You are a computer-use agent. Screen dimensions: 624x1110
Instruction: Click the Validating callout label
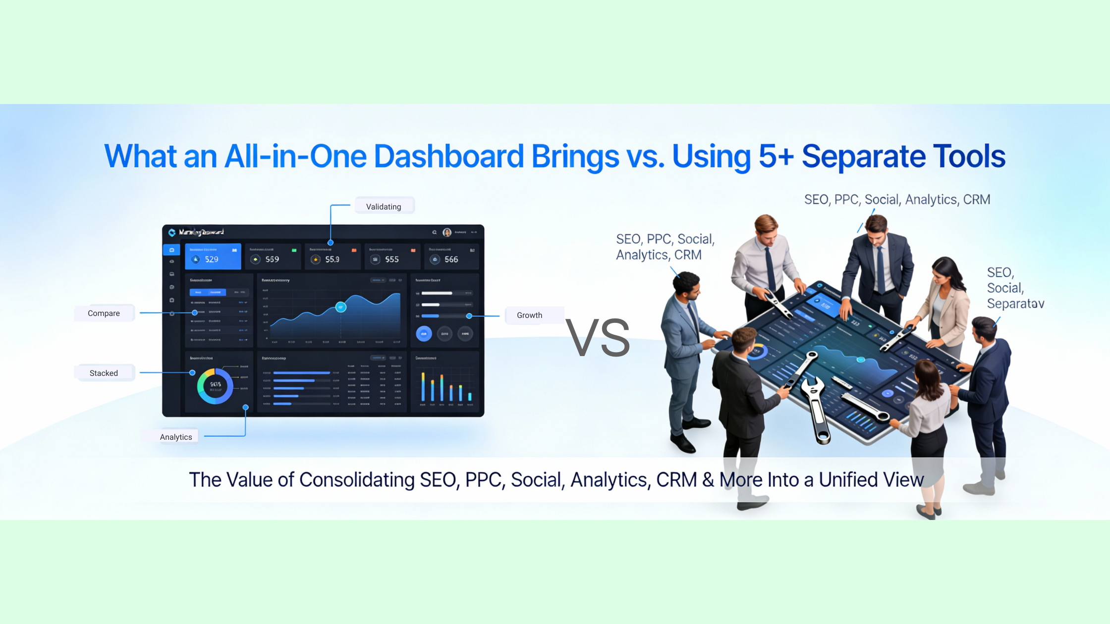[384, 207]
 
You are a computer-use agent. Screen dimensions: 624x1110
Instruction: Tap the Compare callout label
[104, 313]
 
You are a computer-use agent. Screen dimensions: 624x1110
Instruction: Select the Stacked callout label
[104, 373]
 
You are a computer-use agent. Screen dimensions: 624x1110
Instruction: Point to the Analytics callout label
[176, 437]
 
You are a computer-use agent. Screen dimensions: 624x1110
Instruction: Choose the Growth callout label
[530, 315]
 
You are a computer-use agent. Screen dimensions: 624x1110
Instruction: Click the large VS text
[598, 338]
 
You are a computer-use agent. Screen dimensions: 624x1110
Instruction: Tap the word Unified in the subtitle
[848, 479]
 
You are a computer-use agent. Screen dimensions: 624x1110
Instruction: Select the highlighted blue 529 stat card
[213, 256]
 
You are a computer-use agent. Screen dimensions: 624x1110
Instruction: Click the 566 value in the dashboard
[451, 260]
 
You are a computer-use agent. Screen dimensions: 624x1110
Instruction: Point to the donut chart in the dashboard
[215, 386]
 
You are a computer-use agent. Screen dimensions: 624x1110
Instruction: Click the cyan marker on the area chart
[341, 307]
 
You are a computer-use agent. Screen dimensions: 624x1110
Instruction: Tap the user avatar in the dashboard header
[447, 232]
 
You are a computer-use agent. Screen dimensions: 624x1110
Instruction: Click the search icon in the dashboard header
[435, 232]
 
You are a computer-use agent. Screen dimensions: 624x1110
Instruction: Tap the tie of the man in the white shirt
[771, 270]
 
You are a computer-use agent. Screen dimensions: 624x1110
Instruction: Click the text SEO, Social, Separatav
[1015, 288]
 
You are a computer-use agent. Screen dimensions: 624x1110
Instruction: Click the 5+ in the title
[776, 156]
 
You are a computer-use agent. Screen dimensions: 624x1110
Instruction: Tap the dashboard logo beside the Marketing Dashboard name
[172, 232]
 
